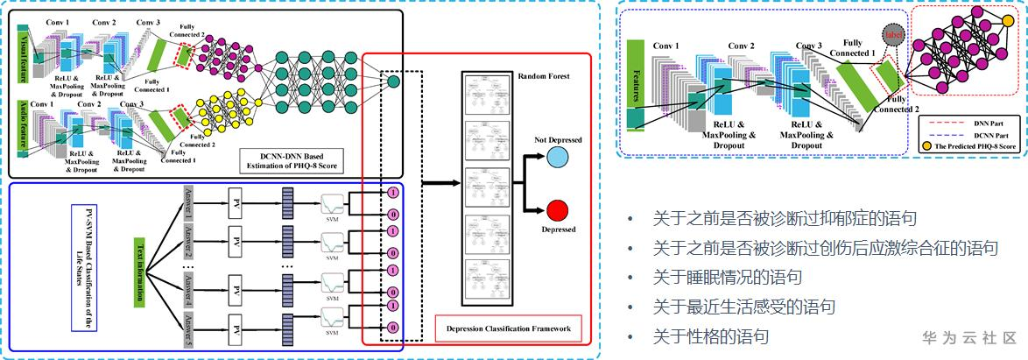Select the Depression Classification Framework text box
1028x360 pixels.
pos(508,329)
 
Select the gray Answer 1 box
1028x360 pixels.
pos(187,204)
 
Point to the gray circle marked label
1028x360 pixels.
pos(893,36)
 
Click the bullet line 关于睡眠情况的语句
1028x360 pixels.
pos(728,278)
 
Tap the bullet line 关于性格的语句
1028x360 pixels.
pos(711,336)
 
